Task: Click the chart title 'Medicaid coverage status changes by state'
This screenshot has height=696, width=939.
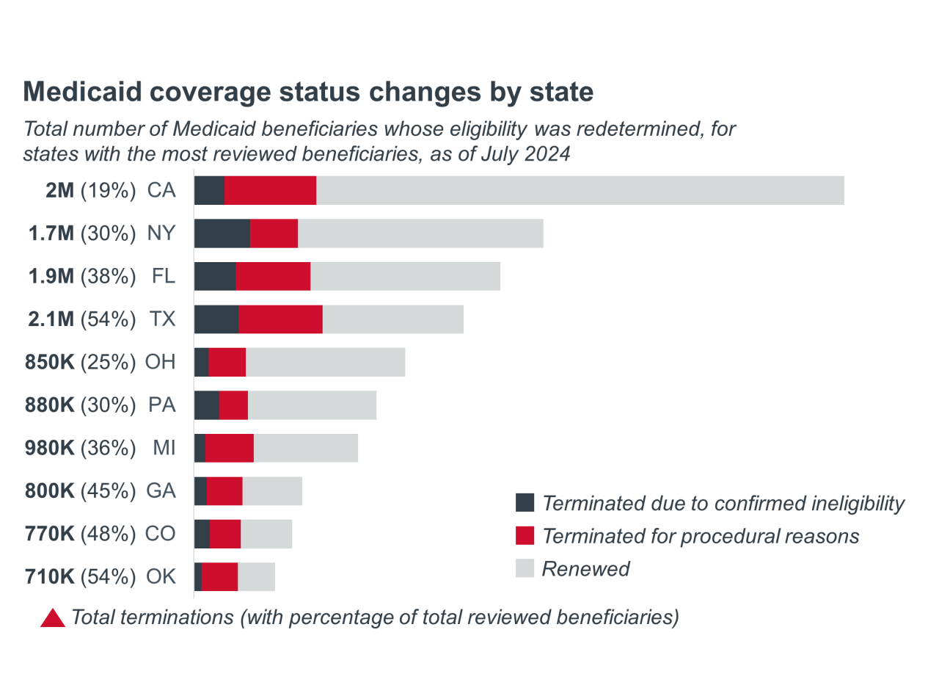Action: (308, 92)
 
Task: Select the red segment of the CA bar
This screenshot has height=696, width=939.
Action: (270, 191)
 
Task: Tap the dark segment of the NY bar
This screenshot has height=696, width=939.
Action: (222, 233)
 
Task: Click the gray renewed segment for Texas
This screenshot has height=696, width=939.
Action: (392, 319)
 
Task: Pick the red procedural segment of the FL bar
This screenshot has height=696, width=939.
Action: (273, 277)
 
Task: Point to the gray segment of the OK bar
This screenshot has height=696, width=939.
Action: (256, 577)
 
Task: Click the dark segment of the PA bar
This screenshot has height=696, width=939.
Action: (207, 405)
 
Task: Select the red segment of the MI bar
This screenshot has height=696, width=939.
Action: (230, 448)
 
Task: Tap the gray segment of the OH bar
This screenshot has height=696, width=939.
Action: (325, 363)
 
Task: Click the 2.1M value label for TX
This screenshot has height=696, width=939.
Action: (50, 319)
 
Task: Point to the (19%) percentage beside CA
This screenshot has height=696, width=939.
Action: (108, 191)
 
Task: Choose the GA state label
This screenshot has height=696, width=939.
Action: (161, 491)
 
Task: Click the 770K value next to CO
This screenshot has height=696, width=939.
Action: (50, 534)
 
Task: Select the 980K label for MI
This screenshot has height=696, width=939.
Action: (50, 448)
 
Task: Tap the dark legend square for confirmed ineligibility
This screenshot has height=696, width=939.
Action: (525, 503)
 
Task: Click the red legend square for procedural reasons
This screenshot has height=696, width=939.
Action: (525, 536)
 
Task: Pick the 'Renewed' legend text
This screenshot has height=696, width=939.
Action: (585, 569)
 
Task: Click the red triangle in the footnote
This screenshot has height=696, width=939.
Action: (53, 619)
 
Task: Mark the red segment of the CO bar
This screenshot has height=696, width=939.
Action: (225, 534)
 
